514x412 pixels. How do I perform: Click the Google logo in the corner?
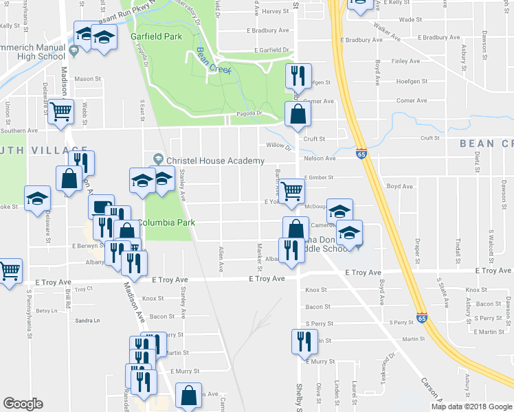point(23,404)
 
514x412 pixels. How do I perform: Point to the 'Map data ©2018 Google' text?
point(471,407)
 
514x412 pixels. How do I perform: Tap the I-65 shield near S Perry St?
point(421,321)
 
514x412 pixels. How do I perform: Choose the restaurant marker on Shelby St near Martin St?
point(300,340)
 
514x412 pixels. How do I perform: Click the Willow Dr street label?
point(278,147)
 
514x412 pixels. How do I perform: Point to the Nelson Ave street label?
point(320,159)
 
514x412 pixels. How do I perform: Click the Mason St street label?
point(87,79)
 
